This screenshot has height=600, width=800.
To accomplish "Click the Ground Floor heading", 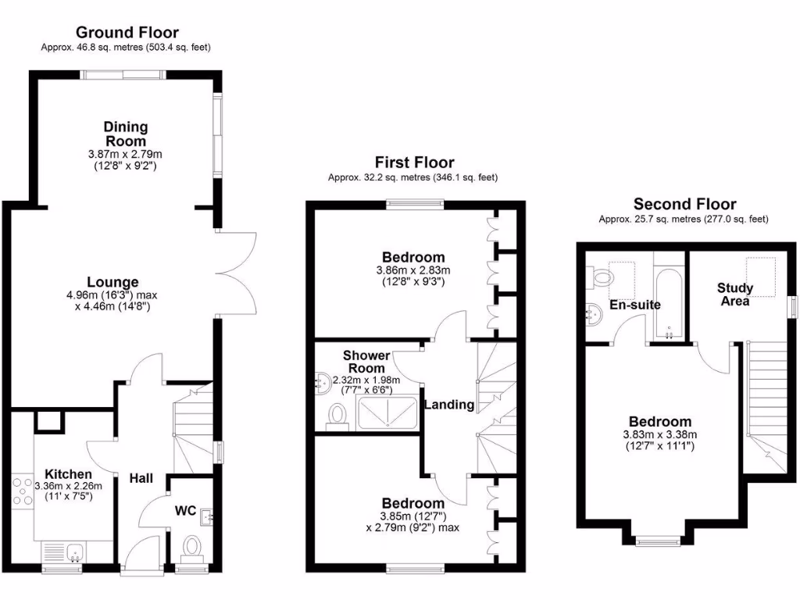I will (x=127, y=33).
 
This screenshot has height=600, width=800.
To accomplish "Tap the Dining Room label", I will (x=126, y=134).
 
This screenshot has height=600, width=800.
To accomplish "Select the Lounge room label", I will (x=112, y=282).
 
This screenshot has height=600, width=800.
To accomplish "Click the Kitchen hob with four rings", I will (x=22, y=491).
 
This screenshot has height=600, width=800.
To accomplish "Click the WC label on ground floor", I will (x=185, y=510).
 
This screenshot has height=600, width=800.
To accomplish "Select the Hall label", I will (x=141, y=478).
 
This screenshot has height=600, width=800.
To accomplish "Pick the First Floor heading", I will (x=414, y=162).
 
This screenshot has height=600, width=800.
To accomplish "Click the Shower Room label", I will (x=366, y=362).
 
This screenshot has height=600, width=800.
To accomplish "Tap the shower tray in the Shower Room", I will (x=388, y=412).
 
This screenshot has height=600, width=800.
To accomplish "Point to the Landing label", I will (x=448, y=405).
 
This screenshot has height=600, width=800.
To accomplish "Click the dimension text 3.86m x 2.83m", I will (x=413, y=270).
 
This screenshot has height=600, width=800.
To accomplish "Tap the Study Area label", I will (x=735, y=295).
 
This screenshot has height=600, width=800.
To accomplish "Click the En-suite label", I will (x=636, y=305).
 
